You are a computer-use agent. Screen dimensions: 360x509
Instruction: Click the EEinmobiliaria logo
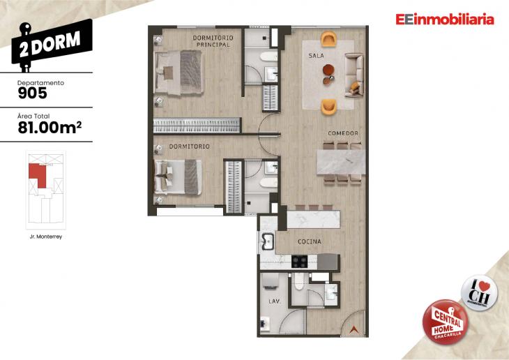(444, 20)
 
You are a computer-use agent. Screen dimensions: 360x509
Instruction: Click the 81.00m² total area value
(47, 127)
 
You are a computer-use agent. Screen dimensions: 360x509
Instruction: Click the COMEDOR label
(343, 133)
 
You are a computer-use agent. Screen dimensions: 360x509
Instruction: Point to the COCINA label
(309, 241)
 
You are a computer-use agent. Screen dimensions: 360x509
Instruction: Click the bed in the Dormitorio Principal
(179, 69)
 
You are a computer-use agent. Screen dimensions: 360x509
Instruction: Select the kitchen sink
(267, 241)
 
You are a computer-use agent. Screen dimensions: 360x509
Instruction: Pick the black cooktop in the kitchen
(299, 262)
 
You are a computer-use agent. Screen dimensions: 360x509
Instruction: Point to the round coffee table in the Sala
(328, 69)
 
